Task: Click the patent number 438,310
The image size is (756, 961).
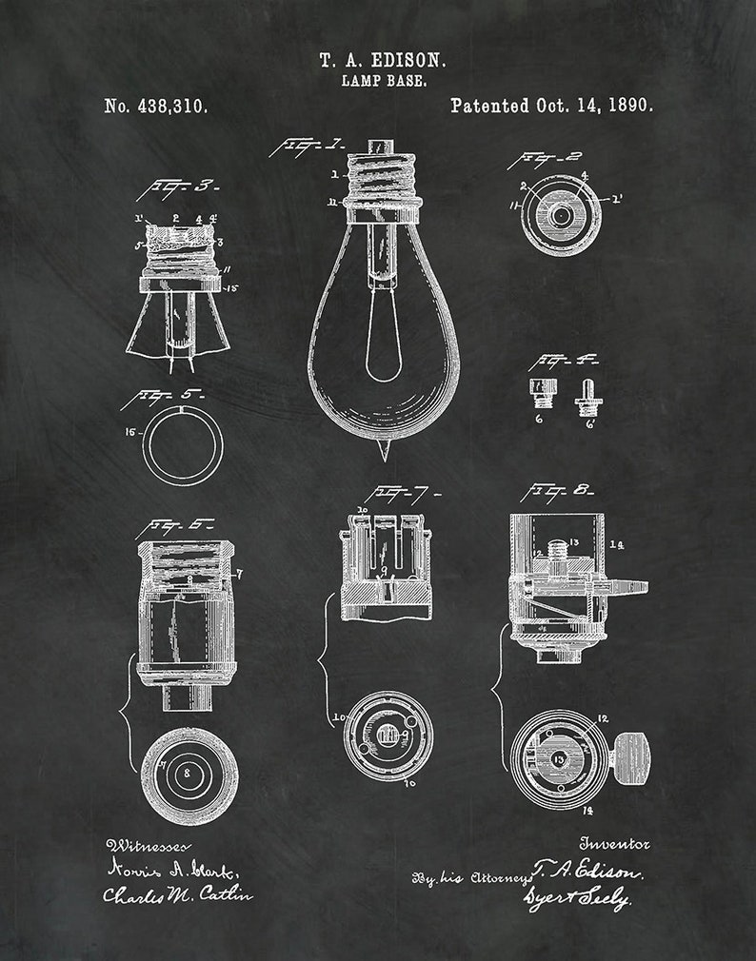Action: coord(156,106)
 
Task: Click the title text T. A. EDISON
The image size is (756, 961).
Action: coord(382,59)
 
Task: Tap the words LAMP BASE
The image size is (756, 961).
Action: coord(383,81)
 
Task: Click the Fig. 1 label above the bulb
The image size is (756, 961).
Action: coord(307,147)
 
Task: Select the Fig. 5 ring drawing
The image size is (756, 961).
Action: coord(183,444)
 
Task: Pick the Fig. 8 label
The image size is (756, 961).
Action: coord(558,491)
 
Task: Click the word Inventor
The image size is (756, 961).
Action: coord(615,843)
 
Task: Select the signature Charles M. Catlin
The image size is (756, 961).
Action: coord(178,895)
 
